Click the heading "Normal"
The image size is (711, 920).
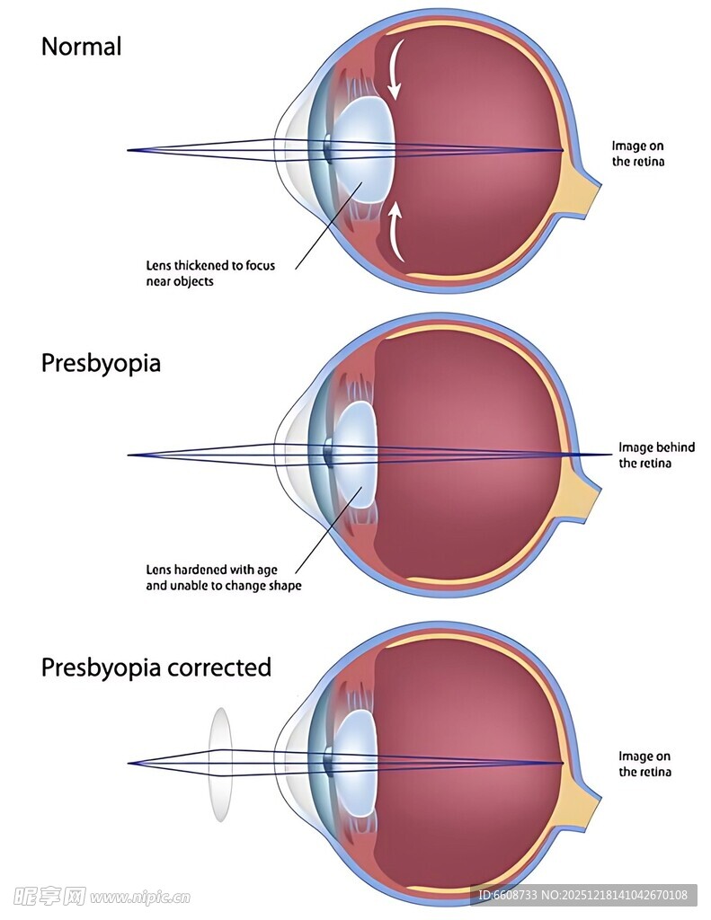[x=81, y=47]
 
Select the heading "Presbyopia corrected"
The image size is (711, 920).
[x=156, y=668]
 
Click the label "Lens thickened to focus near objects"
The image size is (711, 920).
[x=210, y=273]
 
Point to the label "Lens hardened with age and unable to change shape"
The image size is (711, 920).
[x=223, y=578]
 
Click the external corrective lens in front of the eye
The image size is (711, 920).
[x=220, y=764]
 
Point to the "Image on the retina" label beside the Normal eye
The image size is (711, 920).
[x=638, y=154]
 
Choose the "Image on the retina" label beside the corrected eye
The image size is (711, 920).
[x=644, y=764]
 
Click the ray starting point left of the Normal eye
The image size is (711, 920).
[x=129, y=150]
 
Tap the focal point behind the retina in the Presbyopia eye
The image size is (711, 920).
[x=611, y=456]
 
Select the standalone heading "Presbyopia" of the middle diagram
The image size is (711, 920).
[x=101, y=363]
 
